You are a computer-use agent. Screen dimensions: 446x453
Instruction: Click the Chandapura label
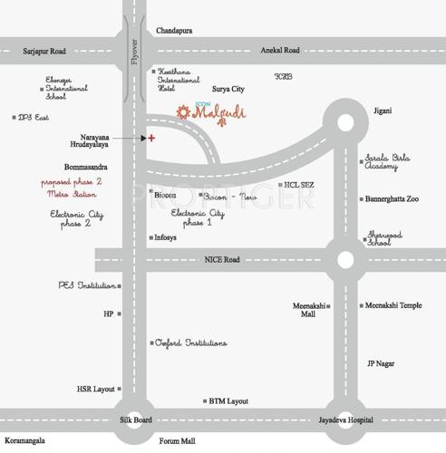pos(174,31)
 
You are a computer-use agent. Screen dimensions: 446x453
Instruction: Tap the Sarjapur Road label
pos(44,52)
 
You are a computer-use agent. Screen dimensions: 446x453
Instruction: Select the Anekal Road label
pos(279,51)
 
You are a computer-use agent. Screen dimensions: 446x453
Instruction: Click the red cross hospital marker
pos(151,138)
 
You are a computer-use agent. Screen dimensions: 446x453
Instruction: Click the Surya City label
pos(228,90)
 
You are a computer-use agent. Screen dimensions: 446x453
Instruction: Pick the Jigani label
pos(382,111)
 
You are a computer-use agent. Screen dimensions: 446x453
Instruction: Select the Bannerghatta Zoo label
pos(393,198)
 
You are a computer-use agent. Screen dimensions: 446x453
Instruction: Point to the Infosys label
pos(165,238)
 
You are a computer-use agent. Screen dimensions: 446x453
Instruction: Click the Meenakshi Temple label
pos(394,305)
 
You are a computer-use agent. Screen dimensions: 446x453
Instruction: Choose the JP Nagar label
pos(381,363)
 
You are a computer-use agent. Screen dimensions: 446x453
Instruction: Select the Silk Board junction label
pos(136,420)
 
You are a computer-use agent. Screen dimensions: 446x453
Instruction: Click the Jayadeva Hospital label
pos(345,420)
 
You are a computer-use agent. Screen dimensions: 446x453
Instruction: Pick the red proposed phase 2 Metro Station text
pos(72,188)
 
